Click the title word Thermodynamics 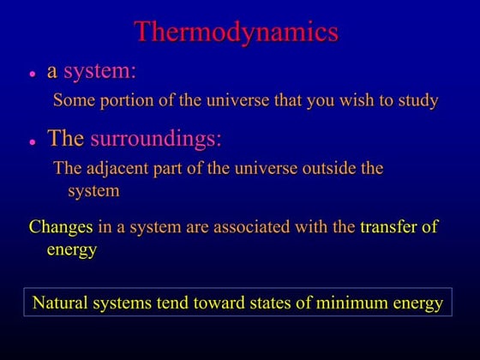[x=237, y=32]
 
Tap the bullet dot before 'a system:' [x=32, y=75]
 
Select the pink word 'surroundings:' [x=150, y=138]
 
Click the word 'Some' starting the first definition [x=72, y=100]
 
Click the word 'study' [x=417, y=100]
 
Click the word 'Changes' [x=61, y=227]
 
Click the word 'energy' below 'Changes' [x=72, y=249]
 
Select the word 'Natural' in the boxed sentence [x=62, y=303]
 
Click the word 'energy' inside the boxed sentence [x=417, y=303]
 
